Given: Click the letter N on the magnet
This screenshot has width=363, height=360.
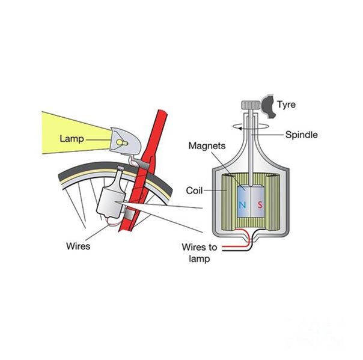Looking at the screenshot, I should [x=242, y=205].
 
